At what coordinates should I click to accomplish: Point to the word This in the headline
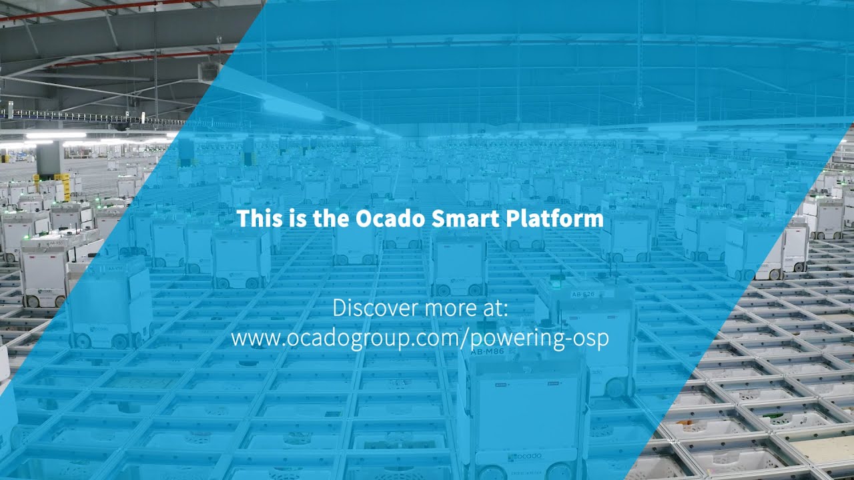258,219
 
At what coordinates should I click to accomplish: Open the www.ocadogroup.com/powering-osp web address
420,338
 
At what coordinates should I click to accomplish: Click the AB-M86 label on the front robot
488,351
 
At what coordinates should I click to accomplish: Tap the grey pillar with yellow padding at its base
50,163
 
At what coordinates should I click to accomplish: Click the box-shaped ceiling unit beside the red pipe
209,70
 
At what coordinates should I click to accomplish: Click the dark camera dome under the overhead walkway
121,126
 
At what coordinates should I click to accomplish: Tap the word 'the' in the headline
331,219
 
